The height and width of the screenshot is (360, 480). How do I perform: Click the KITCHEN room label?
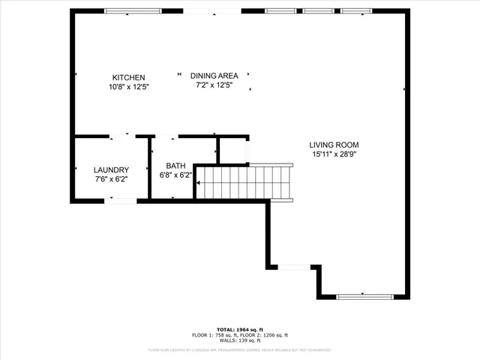point(128,77)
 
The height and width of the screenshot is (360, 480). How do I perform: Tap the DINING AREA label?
point(214,76)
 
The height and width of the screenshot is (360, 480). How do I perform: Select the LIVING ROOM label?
point(334,145)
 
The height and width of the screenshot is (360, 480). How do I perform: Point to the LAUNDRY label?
point(111,169)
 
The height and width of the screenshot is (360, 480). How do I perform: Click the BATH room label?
point(175,166)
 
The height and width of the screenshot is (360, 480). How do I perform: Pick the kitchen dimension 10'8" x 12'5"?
point(128,86)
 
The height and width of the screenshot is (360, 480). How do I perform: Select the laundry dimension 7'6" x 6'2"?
point(111,178)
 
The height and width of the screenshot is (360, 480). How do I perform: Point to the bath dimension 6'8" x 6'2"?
point(175,175)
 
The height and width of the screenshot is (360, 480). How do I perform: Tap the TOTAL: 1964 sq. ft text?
point(239,329)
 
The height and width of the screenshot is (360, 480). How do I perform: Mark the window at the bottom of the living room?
point(364,297)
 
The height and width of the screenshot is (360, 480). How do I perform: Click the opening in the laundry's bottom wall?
point(121,199)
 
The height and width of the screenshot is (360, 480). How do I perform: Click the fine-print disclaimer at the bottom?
point(239,349)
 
